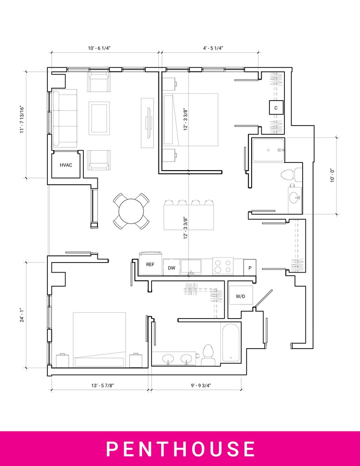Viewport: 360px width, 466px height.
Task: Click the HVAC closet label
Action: (x=66, y=165)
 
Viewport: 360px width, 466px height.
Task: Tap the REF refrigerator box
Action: (x=151, y=264)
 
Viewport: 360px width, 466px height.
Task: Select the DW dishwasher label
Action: (x=172, y=268)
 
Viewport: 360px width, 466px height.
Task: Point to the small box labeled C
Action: (x=276, y=107)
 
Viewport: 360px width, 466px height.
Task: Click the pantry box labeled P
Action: (x=250, y=268)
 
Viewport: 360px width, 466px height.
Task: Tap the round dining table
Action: (x=131, y=211)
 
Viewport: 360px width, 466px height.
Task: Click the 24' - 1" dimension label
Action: (x=22, y=315)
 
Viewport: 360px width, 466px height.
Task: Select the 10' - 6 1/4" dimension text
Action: (x=99, y=48)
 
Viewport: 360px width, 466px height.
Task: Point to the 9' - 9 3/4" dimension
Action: (x=201, y=385)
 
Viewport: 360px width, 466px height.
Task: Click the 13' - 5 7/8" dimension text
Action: (x=103, y=385)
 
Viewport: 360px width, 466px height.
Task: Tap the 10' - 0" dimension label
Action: (x=333, y=175)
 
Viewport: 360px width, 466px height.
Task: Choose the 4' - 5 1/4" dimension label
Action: (x=213, y=48)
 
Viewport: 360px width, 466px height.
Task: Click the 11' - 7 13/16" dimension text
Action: (x=22, y=120)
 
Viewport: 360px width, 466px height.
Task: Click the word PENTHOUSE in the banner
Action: (x=180, y=449)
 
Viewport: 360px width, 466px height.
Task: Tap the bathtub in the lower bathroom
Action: (x=230, y=342)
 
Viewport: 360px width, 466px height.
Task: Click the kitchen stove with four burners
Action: (x=223, y=266)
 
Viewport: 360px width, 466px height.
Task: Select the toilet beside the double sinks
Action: (x=208, y=355)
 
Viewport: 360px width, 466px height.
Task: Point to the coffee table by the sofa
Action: (x=99, y=118)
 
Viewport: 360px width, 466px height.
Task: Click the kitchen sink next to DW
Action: (x=191, y=266)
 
